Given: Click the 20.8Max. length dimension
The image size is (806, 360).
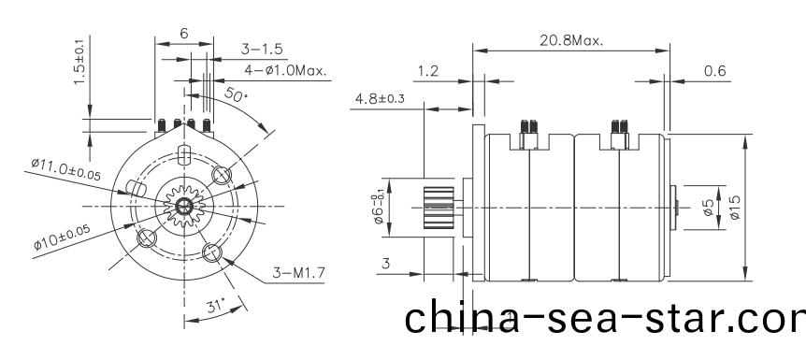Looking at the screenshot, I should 570,40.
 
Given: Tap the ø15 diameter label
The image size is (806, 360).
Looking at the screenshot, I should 736,208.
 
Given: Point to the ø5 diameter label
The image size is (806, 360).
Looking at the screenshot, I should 709,208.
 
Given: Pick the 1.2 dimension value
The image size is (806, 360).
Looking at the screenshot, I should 429,71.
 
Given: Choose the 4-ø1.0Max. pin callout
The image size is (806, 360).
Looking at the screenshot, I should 285,69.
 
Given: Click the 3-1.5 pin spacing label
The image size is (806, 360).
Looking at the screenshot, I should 263,49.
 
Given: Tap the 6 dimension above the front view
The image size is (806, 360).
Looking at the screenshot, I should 183,33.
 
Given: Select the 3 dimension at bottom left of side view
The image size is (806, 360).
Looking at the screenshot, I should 385,266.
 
